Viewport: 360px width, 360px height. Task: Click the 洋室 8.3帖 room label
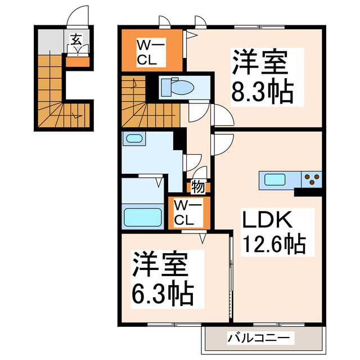click(262, 76)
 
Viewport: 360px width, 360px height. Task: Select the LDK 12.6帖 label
click(273, 231)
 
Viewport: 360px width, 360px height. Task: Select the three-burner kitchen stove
click(312, 180)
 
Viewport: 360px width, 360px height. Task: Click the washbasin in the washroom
click(133, 138)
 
